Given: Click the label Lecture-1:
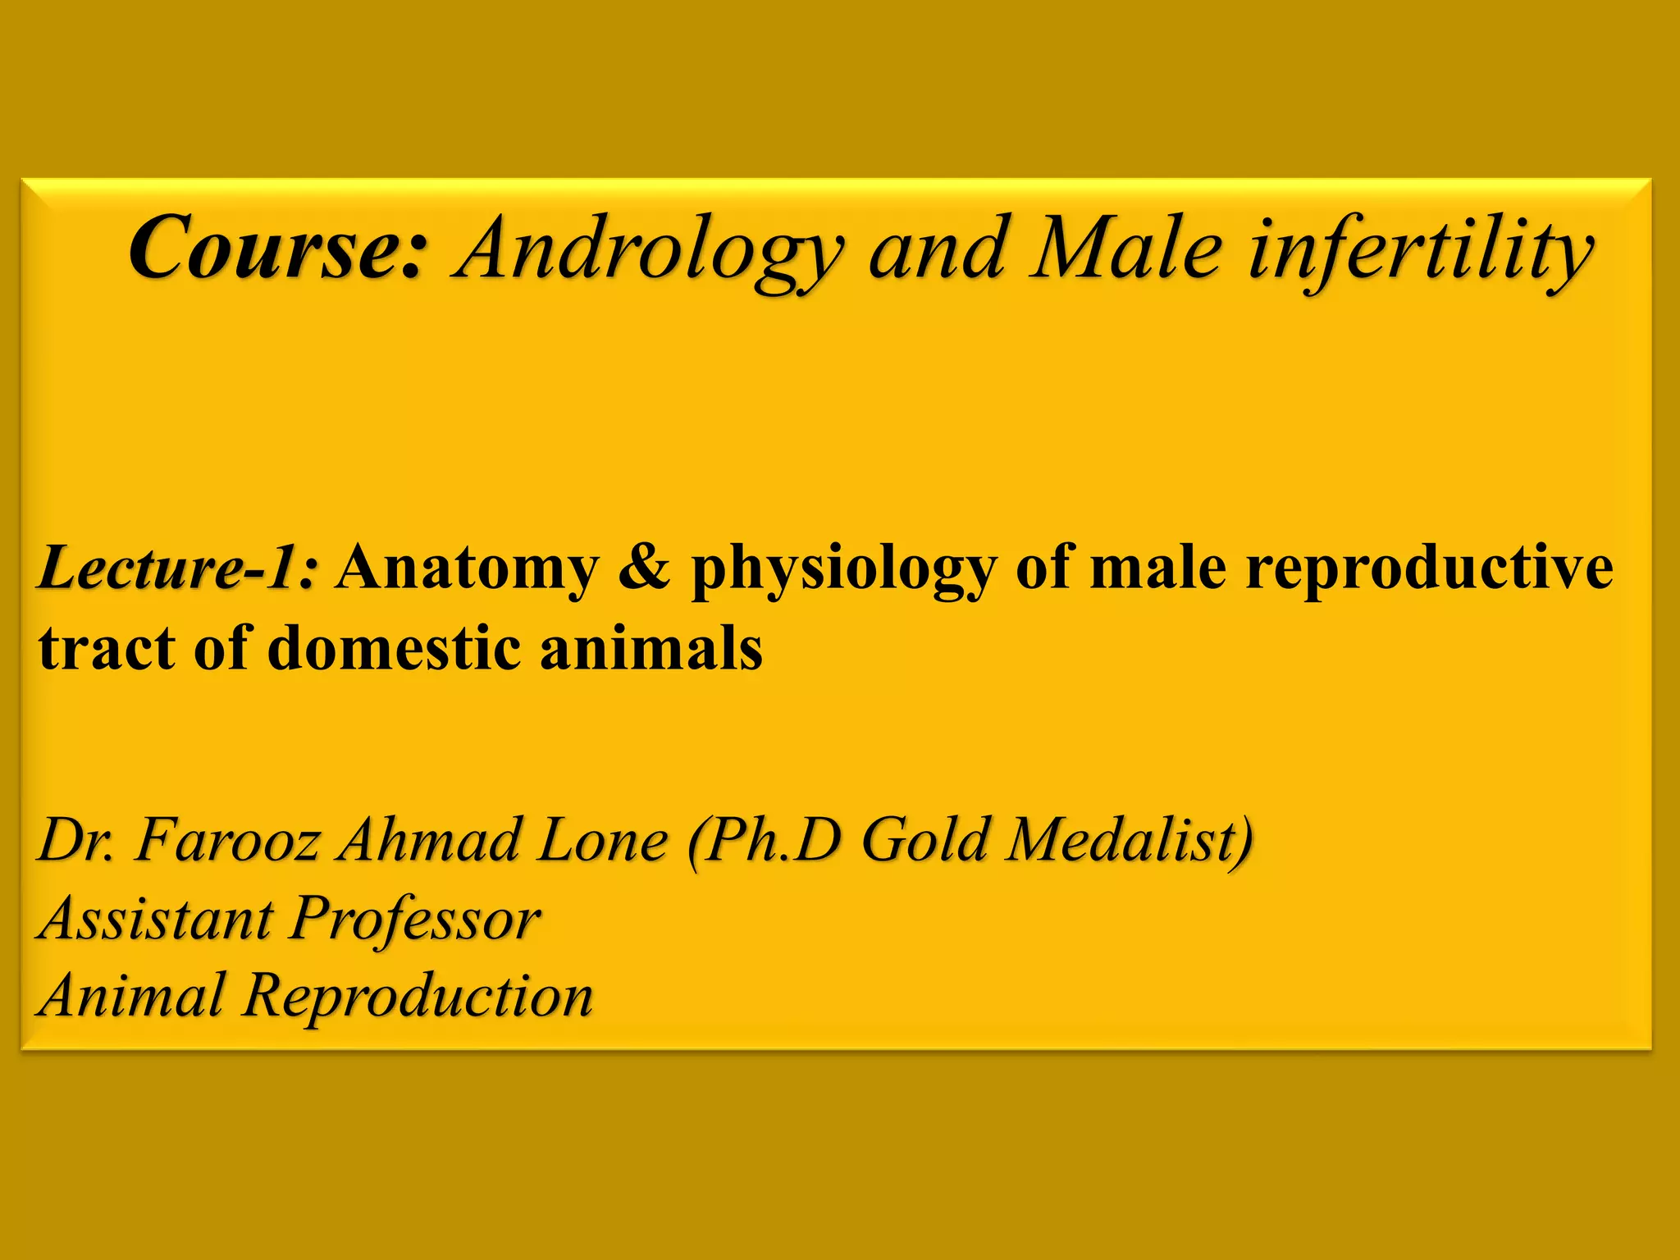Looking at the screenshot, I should click(x=176, y=568).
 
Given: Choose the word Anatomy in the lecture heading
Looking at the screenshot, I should click(x=468, y=568).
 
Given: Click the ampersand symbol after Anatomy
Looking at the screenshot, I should click(x=644, y=568).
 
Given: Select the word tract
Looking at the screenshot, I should click(x=106, y=648).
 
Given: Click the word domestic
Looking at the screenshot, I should click(x=395, y=648).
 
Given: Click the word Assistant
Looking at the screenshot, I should click(x=156, y=918).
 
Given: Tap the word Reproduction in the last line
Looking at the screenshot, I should click(x=418, y=996).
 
